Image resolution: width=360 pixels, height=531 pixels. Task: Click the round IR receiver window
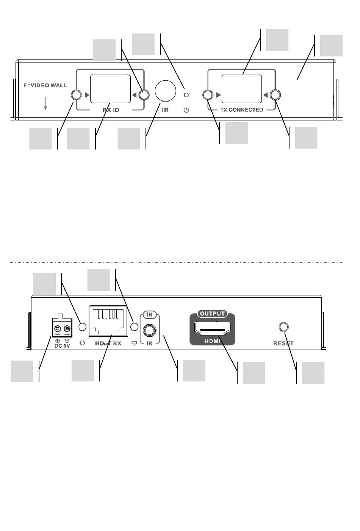166,91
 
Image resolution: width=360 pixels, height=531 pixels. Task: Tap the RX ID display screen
110,89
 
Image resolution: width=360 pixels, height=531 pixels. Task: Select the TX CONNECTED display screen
242,89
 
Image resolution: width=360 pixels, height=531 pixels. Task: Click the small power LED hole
186,95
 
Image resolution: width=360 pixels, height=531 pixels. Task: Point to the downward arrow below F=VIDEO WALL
45,103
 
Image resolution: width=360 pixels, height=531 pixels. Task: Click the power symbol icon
186,110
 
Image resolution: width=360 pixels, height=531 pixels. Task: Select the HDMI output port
212,328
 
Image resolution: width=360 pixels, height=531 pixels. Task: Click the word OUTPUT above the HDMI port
212,314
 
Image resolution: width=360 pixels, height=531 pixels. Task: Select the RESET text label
283,344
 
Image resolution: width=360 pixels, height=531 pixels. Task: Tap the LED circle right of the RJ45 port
134,326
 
